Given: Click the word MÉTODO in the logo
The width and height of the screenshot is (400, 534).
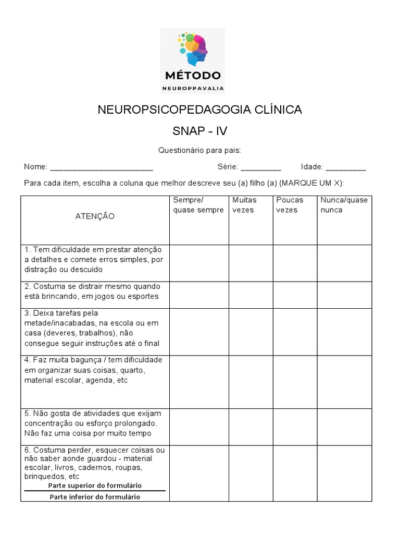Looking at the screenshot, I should (193, 76).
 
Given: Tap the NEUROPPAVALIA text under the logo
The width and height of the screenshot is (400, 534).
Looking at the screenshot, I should (193, 88).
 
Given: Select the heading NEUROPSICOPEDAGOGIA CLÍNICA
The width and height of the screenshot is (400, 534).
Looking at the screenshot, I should (200, 110).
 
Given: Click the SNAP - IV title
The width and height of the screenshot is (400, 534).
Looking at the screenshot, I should (200, 131).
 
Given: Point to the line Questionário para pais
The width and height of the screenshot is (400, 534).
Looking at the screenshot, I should (199, 151).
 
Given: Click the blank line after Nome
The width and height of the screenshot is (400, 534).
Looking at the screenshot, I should (101, 168).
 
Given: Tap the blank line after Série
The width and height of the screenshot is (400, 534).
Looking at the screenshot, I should (261, 168).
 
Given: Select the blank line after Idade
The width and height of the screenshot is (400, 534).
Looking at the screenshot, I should (346, 168).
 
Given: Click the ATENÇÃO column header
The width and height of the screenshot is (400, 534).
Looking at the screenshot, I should (95, 216).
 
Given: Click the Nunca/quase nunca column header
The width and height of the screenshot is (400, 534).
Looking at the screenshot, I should (344, 205).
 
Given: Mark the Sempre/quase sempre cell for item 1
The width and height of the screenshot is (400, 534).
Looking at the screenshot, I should (199, 263).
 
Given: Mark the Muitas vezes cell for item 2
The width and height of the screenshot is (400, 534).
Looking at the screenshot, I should (251, 295).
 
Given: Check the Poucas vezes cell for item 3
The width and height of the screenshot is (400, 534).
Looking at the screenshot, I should (295, 332).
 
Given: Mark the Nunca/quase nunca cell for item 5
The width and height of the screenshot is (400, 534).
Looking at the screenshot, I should (345, 427).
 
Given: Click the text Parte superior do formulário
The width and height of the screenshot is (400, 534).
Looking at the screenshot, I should (95, 486).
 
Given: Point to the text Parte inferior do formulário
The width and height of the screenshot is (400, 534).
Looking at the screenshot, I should (95, 497).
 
